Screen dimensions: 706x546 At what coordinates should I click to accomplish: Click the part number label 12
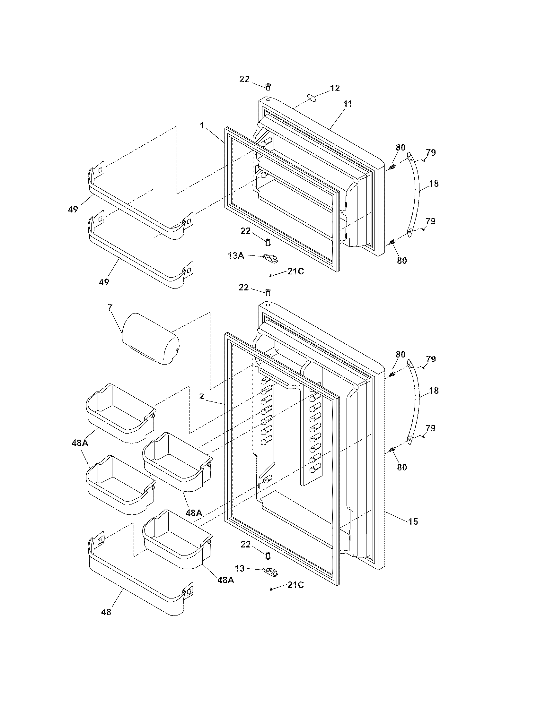pos(335,88)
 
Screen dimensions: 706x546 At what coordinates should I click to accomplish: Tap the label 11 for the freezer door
pos(348,104)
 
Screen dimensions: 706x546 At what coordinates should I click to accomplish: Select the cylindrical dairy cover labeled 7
pos(150,339)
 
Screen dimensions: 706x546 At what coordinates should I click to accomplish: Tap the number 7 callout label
pos(110,307)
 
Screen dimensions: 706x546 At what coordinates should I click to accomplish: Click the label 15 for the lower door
pos(413,521)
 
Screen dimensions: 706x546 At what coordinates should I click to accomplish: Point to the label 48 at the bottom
pos(106,612)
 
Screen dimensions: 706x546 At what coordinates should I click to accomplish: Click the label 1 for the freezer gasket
pos(202,125)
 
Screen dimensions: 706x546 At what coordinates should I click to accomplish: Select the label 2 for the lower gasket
pos(201,396)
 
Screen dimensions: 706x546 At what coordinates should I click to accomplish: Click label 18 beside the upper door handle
pos(434,184)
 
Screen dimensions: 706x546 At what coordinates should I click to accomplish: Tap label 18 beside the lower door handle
pos(434,391)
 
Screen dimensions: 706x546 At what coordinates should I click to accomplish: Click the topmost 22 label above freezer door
pos(244,79)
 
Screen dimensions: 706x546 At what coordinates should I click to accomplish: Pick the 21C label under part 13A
pos(295,271)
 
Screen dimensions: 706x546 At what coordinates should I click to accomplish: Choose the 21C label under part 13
pos(295,585)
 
